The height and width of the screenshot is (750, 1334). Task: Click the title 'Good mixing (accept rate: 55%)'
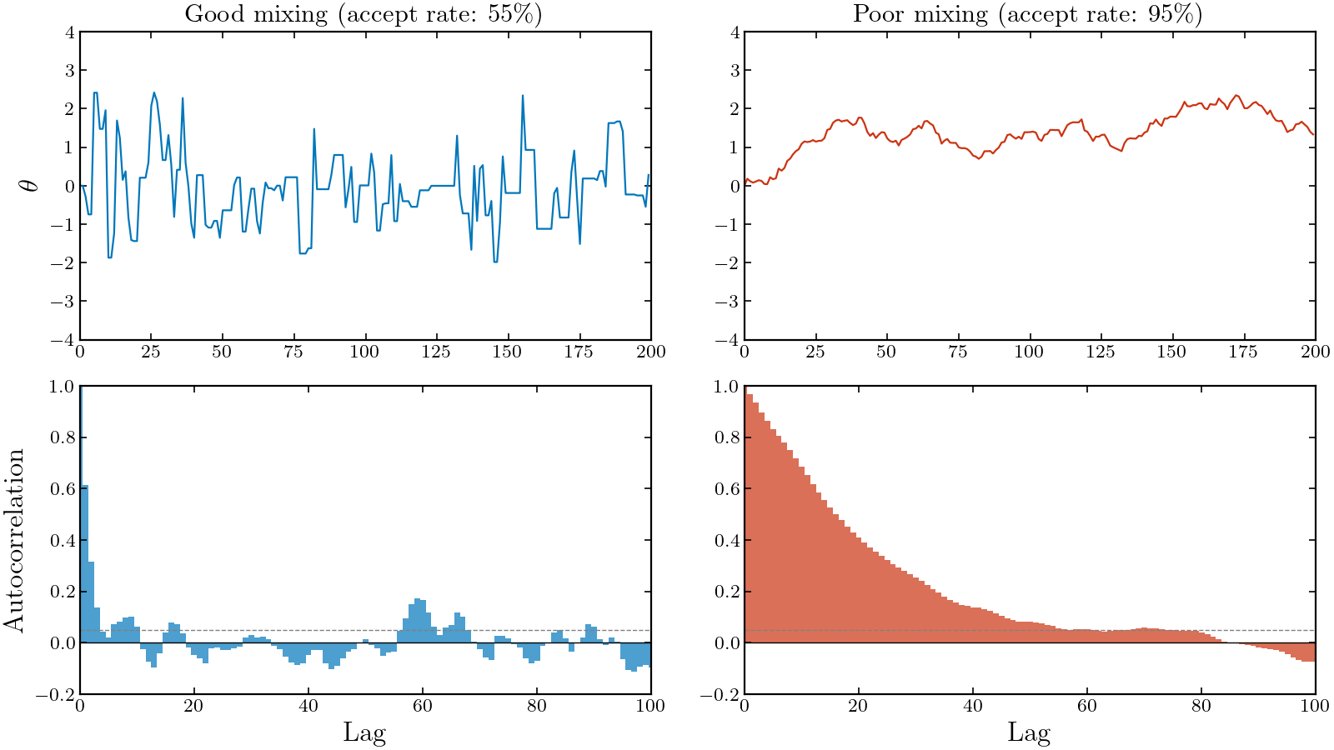pos(364,14)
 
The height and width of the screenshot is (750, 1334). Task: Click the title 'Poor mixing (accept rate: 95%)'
pos(1028,14)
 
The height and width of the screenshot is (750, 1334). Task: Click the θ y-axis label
pos(30,185)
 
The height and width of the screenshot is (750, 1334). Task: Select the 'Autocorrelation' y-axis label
pos(14,539)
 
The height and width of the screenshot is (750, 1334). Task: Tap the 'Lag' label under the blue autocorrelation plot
pos(364,732)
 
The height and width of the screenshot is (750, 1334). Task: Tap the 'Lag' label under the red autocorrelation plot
pos(1029,732)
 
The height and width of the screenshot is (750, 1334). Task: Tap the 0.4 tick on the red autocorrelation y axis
pos(728,541)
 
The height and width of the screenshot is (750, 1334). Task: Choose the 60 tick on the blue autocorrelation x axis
pos(422,707)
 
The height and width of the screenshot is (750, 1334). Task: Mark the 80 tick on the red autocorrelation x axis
pos(1201,707)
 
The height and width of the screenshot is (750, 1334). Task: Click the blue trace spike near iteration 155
pos(523,97)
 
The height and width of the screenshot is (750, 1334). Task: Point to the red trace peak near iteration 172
pos(1236,96)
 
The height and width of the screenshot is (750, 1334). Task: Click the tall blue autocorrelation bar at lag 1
pos(85,567)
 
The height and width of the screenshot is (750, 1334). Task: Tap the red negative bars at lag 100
pos(1311,652)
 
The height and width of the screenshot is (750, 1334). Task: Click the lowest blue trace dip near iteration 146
pos(495,261)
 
